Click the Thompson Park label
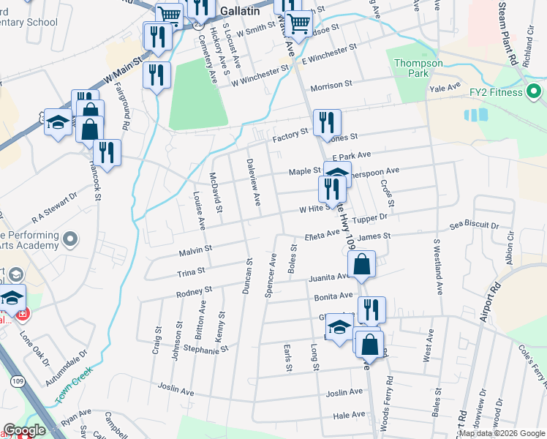tap(418, 68)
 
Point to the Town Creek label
tap(75, 383)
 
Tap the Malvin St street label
tap(195, 251)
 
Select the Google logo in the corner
tap(24, 430)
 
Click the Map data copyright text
tap(501, 433)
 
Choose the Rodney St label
tap(194, 293)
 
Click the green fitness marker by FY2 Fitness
tap(535, 92)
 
